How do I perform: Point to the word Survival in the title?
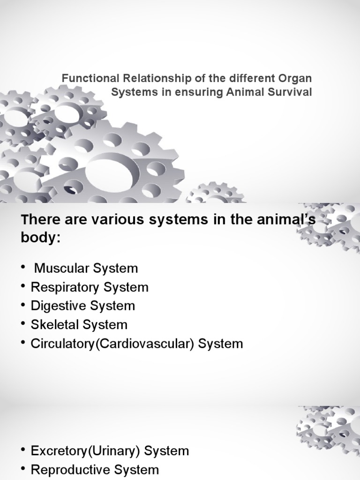(293, 92)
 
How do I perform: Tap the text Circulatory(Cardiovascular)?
(112, 344)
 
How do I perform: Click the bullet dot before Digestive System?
(23, 306)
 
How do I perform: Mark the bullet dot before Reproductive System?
(23, 470)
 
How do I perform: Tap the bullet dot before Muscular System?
(23, 269)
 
